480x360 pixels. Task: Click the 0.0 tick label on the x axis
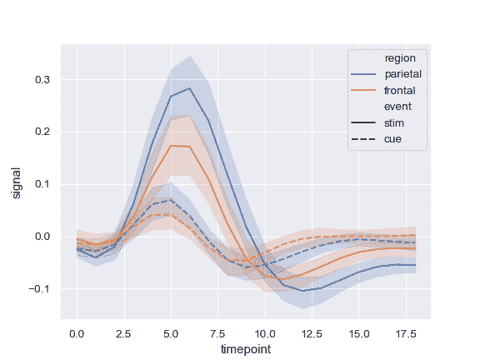point(77,332)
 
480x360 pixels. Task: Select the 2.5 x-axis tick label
point(124,332)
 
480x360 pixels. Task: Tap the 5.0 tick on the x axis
point(171,332)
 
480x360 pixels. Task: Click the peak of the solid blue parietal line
point(190,87)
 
